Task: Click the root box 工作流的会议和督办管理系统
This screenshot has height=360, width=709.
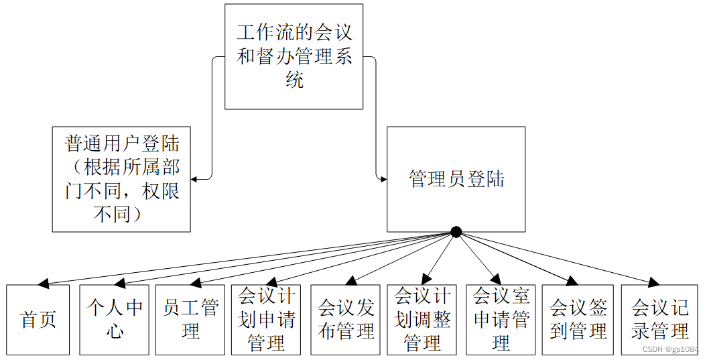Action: (294, 56)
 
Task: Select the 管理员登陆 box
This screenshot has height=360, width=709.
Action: (456, 179)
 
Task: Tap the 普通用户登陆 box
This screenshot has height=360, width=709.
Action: (121, 179)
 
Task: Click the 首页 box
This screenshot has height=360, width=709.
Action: (38, 320)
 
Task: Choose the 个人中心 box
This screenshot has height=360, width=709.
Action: (115, 320)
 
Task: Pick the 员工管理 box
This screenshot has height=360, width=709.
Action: (190, 320)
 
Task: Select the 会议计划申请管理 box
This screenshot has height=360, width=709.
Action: (266, 320)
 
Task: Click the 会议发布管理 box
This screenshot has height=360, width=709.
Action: (346, 320)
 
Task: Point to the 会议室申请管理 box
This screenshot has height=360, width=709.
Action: (501, 320)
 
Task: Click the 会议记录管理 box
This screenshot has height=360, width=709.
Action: (659, 320)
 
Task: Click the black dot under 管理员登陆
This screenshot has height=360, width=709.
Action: (456, 232)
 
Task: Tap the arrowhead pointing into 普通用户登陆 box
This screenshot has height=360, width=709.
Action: (195, 179)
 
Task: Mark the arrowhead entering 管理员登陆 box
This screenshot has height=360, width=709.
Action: (383, 179)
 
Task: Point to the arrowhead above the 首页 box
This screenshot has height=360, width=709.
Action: (44, 284)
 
